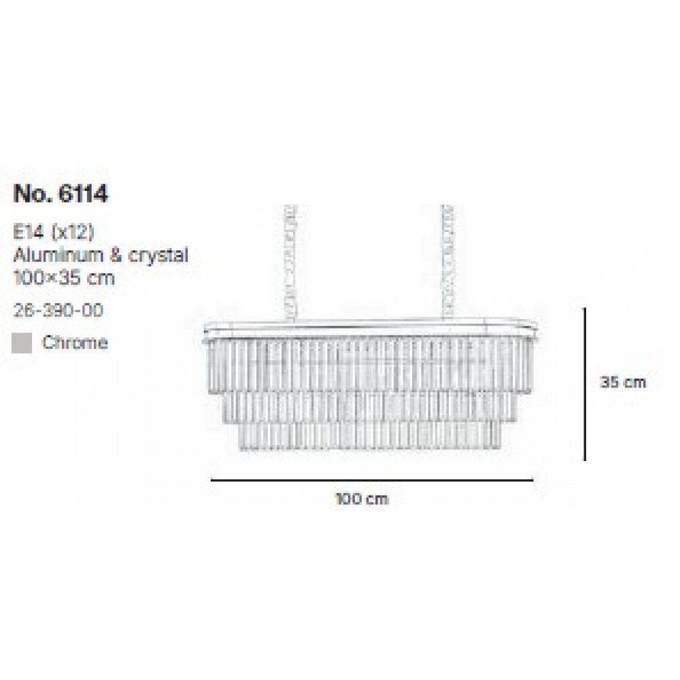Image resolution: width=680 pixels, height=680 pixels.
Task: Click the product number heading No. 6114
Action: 61,194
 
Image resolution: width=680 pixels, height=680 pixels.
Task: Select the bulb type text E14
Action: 29,233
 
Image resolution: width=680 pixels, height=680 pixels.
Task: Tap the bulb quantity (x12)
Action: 73,233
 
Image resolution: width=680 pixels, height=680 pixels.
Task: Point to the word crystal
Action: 158,256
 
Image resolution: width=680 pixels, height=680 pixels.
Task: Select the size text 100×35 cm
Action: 64,277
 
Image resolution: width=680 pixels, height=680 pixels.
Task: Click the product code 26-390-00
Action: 58,311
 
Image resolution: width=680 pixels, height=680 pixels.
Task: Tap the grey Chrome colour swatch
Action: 22,343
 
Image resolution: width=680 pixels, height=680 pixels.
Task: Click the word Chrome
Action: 75,343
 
